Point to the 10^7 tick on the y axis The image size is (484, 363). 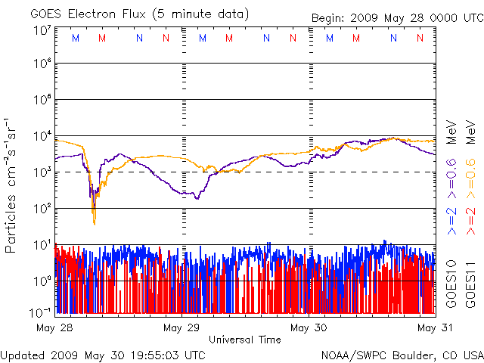[42, 31]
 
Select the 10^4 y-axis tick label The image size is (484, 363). [42, 135]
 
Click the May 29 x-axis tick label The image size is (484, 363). [181, 327]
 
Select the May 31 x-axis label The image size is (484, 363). [435, 327]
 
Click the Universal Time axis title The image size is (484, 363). [244, 340]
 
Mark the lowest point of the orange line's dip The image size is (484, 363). [95, 224]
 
